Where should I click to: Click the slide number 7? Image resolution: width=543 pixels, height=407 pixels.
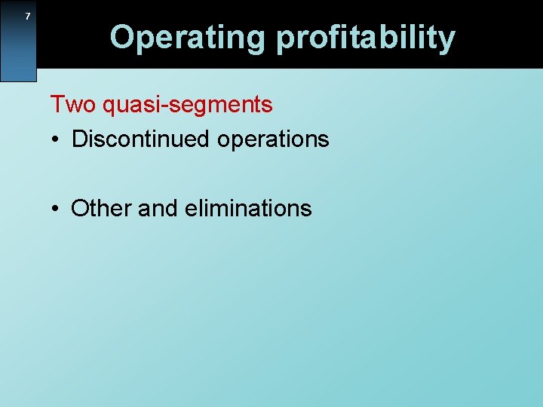(x=28, y=17)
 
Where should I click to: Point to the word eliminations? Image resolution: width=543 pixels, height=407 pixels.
(x=247, y=208)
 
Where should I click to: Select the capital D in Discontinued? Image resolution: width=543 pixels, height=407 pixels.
(x=79, y=139)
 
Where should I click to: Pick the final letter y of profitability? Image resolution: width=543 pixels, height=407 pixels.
(x=446, y=39)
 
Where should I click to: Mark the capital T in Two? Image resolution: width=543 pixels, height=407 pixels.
(x=57, y=104)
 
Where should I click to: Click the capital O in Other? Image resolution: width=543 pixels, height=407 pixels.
(x=79, y=208)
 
